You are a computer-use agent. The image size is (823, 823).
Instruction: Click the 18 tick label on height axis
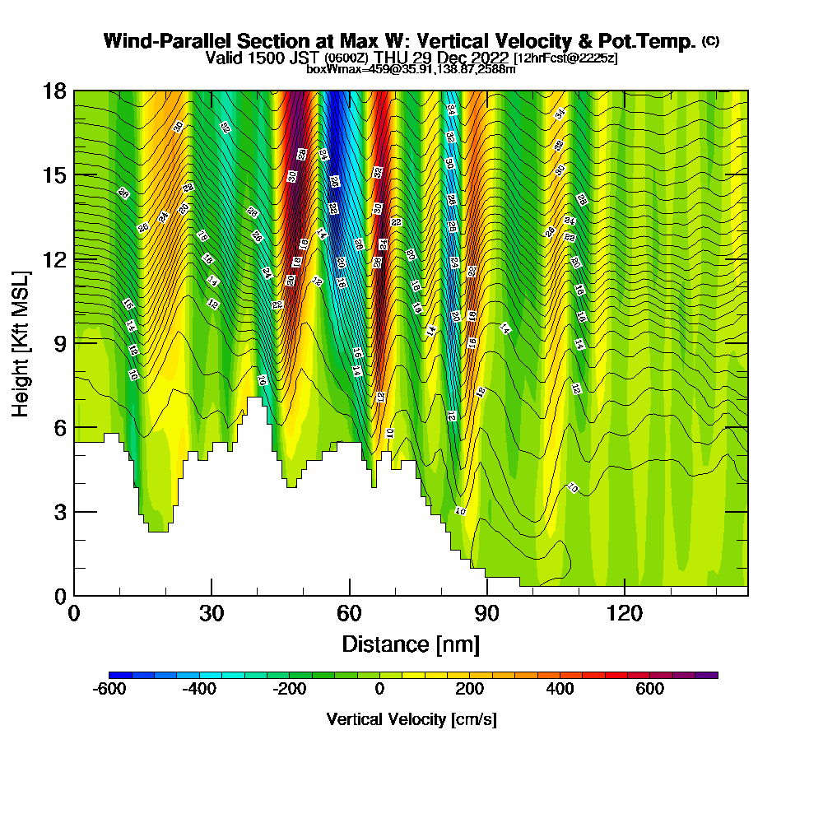pos(54,91)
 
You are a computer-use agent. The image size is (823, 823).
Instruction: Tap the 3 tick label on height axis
pos(59,512)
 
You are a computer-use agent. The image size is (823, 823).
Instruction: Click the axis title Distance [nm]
pos(411,644)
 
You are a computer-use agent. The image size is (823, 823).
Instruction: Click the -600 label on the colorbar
pos(109,690)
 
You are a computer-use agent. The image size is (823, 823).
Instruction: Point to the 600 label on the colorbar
pos(650,690)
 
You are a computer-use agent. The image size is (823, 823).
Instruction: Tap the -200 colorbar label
pos(290,690)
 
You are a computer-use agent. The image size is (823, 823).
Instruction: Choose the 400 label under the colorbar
pos(560,690)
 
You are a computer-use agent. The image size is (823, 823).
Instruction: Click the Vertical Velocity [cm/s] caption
pos(411,719)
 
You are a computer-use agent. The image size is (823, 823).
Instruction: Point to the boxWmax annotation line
pos(411,69)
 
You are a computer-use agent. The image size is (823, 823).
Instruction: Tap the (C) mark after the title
pos(710,40)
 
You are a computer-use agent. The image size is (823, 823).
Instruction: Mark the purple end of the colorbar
pos(711,675)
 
